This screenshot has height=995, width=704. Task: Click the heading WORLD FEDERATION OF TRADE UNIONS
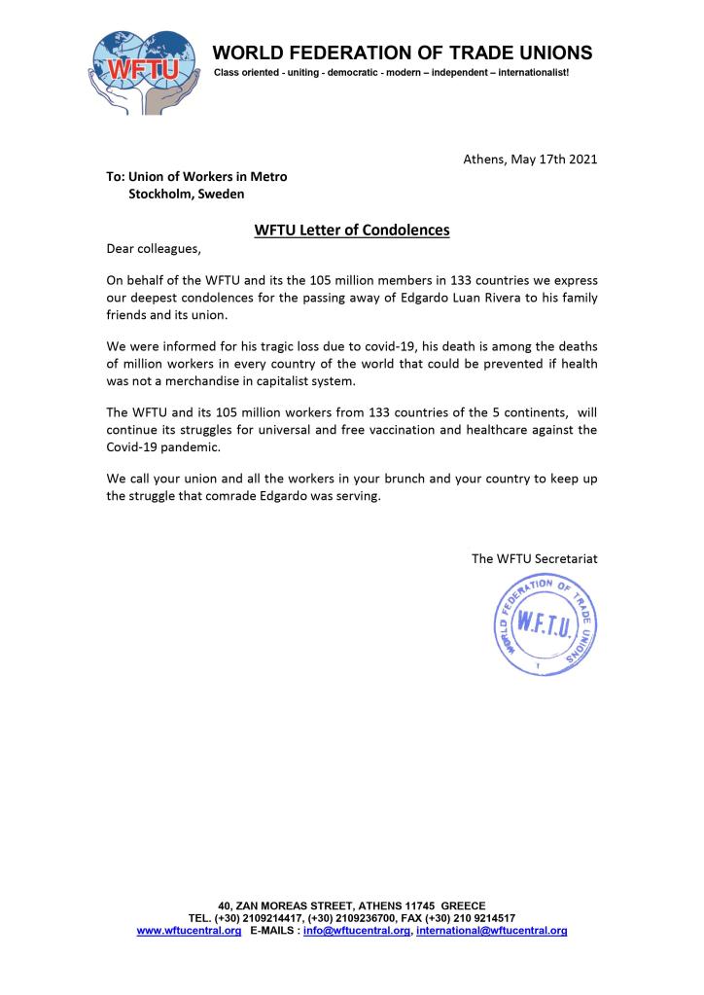pyautogui.click(x=403, y=52)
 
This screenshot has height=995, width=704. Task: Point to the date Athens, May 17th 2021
pyautogui.click(x=530, y=159)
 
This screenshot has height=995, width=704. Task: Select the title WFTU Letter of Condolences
pyautogui.click(x=352, y=231)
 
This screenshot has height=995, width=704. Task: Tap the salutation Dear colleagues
pyautogui.click(x=154, y=249)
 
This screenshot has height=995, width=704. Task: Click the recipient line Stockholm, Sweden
pyautogui.click(x=187, y=195)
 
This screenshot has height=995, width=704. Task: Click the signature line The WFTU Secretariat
pyautogui.click(x=534, y=559)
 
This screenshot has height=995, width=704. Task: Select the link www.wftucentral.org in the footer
pyautogui.click(x=189, y=931)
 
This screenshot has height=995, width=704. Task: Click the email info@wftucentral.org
pyautogui.click(x=357, y=931)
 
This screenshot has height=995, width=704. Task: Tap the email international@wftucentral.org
pyautogui.click(x=492, y=931)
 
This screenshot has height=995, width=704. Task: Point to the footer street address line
pyautogui.click(x=352, y=906)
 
